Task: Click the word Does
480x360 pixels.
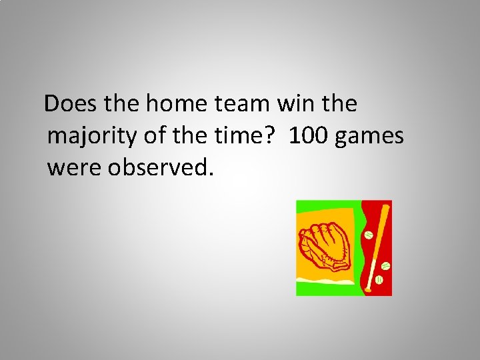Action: [x=69, y=104]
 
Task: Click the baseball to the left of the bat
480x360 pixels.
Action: [x=368, y=235]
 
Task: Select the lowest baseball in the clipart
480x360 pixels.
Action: [x=379, y=281]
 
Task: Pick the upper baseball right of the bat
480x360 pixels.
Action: [x=385, y=266]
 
